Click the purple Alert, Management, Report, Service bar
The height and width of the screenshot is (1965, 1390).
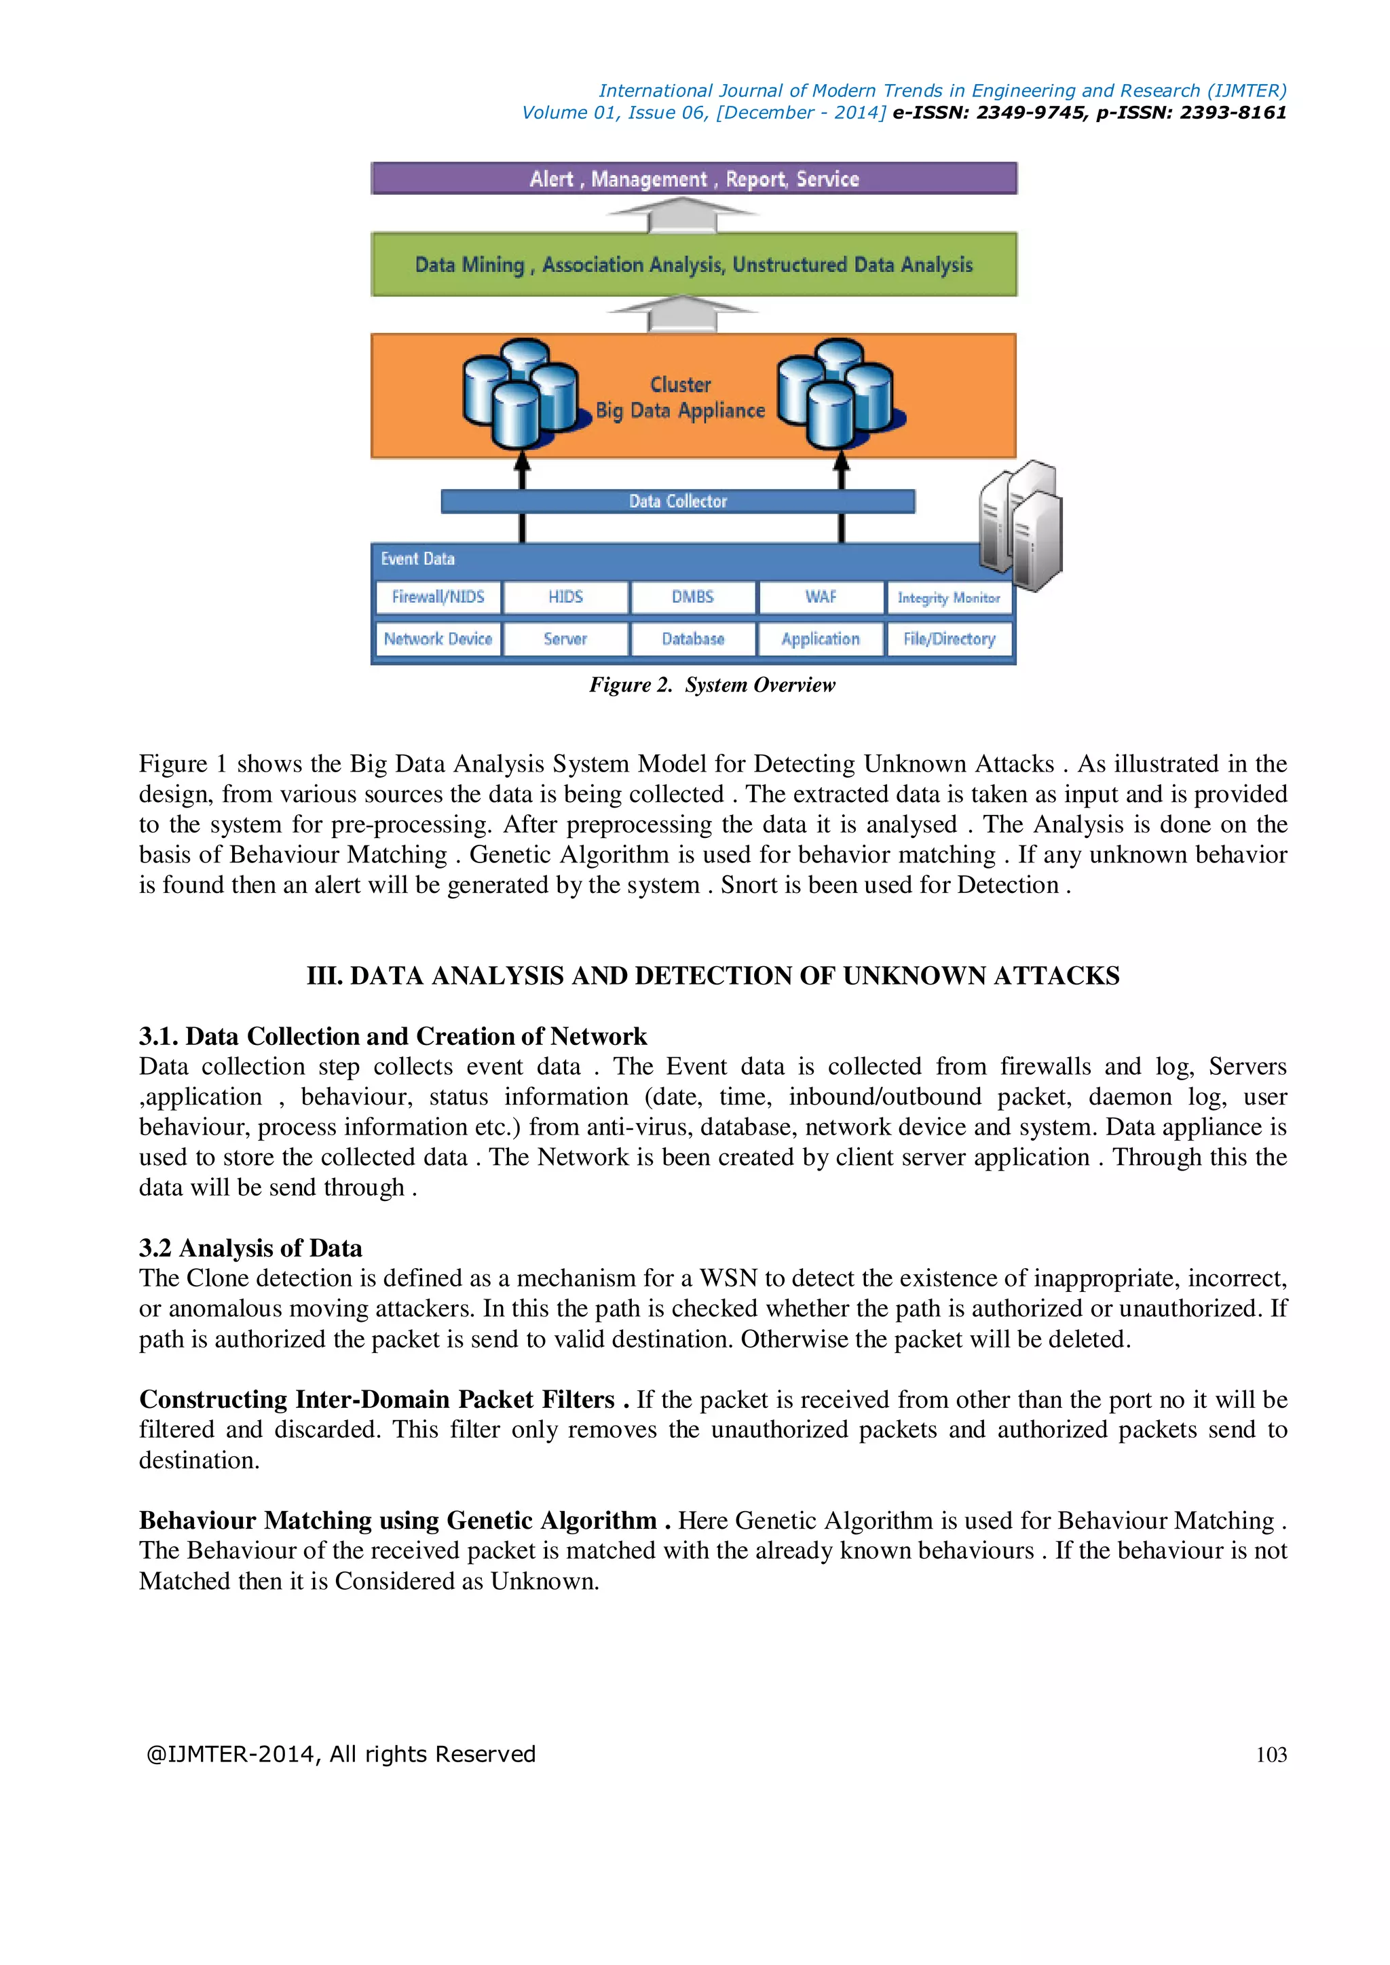pos(693,179)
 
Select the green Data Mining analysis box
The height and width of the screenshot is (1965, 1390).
pos(693,265)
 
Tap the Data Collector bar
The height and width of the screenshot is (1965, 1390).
pos(677,501)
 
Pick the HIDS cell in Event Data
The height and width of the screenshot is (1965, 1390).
pos(565,597)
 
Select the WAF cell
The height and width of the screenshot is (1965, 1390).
pos(820,597)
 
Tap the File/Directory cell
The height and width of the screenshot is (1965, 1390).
pos(948,639)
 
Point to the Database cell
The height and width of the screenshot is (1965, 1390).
pos(692,639)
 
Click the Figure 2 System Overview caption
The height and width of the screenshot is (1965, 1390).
pos(711,685)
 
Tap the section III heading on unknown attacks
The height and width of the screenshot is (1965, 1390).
pos(712,976)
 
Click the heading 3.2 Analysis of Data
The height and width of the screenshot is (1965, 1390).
pos(250,1248)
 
